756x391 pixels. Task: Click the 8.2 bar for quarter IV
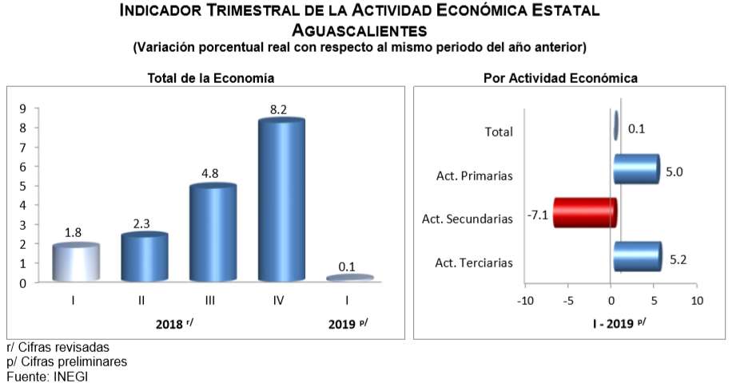281,199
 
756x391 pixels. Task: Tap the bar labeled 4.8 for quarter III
213,232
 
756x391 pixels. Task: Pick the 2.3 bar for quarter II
145,256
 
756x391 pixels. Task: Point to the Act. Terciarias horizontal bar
637,257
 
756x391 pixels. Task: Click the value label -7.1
537,215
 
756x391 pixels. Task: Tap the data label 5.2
677,259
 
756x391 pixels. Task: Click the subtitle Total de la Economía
211,78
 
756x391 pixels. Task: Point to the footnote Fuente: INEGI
47,376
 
